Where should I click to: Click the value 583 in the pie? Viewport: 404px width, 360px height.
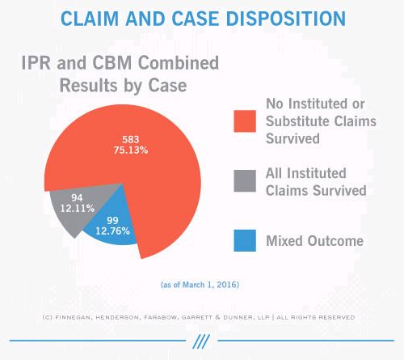pyautogui.click(x=131, y=139)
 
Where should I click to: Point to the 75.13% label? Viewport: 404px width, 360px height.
pyautogui.click(x=131, y=150)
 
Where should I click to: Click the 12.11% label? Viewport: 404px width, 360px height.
pyautogui.click(x=77, y=208)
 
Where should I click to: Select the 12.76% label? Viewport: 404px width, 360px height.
pyautogui.click(x=112, y=231)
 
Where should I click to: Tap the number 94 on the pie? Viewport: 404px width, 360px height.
pyautogui.click(x=77, y=198)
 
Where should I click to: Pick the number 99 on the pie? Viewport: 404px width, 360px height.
pyautogui.click(x=112, y=221)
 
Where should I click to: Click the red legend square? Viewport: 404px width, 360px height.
pyautogui.click(x=245, y=121)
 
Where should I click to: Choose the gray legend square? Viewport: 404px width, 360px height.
pyautogui.click(x=245, y=180)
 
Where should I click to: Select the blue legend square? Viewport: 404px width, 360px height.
pyautogui.click(x=245, y=240)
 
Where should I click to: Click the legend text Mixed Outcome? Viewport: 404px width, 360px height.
pyautogui.click(x=314, y=241)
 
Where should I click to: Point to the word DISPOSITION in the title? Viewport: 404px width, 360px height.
pyautogui.click(x=286, y=19)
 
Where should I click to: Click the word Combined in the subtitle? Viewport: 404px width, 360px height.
pyautogui.click(x=179, y=63)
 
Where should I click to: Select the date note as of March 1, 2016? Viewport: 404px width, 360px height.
pyautogui.click(x=200, y=285)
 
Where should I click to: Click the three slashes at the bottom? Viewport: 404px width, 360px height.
pyautogui.click(x=201, y=341)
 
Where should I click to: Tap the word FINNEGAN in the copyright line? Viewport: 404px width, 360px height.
pyautogui.click(x=72, y=317)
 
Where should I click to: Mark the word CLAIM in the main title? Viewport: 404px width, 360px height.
pyautogui.click(x=90, y=19)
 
